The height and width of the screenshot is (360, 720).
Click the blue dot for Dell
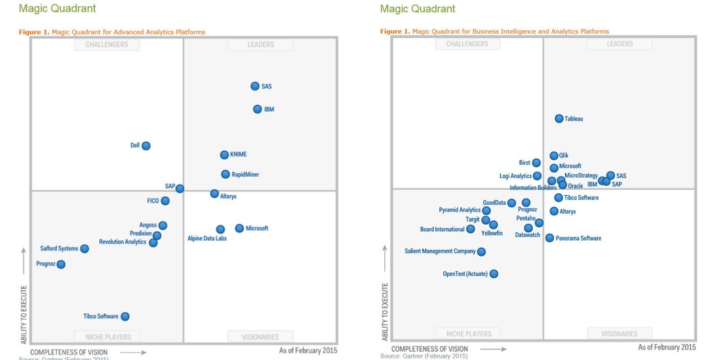146,146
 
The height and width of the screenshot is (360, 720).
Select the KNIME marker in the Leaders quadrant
224,155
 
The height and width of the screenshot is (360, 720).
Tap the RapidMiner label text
245,174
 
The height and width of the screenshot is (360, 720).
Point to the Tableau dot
559,119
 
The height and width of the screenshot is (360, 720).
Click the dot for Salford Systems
84,249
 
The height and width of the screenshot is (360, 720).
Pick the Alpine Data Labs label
207,238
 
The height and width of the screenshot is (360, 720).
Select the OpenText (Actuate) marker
494,274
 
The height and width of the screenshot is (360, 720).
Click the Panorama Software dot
550,238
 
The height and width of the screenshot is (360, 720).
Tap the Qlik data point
554,156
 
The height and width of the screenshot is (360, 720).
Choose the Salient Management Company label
440,251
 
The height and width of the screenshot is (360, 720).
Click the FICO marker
165,201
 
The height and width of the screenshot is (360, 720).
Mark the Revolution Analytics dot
153,242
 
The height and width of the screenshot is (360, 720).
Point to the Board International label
443,229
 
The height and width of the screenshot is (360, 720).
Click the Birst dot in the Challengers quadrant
537,163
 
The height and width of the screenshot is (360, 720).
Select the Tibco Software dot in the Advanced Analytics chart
125,317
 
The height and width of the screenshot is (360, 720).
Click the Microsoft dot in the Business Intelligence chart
554,168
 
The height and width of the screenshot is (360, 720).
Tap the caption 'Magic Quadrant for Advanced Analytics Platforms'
128,32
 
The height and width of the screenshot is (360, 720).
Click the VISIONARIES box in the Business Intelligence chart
619,334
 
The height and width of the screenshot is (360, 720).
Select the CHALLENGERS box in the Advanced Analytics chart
107,44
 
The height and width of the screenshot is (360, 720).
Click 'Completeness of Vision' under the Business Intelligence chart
429,349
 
